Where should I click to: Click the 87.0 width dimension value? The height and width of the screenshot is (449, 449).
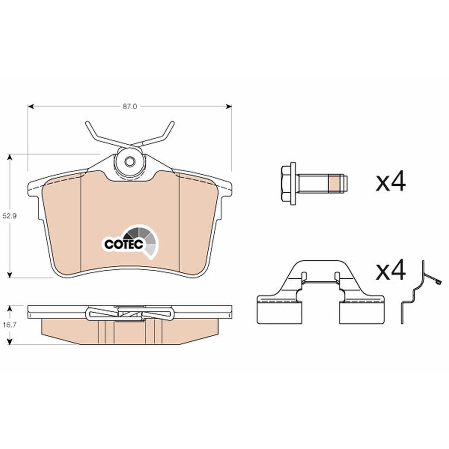(130, 106)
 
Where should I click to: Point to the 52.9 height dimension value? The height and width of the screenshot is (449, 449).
(10, 216)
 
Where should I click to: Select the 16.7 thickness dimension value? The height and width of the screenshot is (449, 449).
(10, 325)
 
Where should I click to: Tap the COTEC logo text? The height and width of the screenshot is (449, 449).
(124, 244)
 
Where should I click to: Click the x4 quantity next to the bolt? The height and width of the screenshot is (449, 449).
(391, 181)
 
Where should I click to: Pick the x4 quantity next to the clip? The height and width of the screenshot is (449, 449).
(391, 270)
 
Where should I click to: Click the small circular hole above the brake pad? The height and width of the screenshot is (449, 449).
(129, 162)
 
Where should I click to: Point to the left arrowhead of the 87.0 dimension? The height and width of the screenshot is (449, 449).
(31, 106)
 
